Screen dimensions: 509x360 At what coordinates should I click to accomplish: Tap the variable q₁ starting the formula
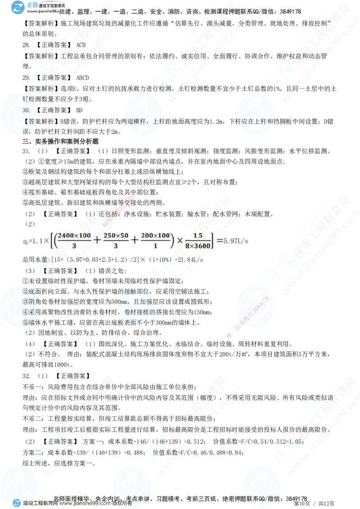coord(25,241)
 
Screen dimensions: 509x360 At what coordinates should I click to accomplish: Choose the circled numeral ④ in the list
coord(26,311)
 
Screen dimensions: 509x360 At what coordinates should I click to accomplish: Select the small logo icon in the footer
coord(16,503)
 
